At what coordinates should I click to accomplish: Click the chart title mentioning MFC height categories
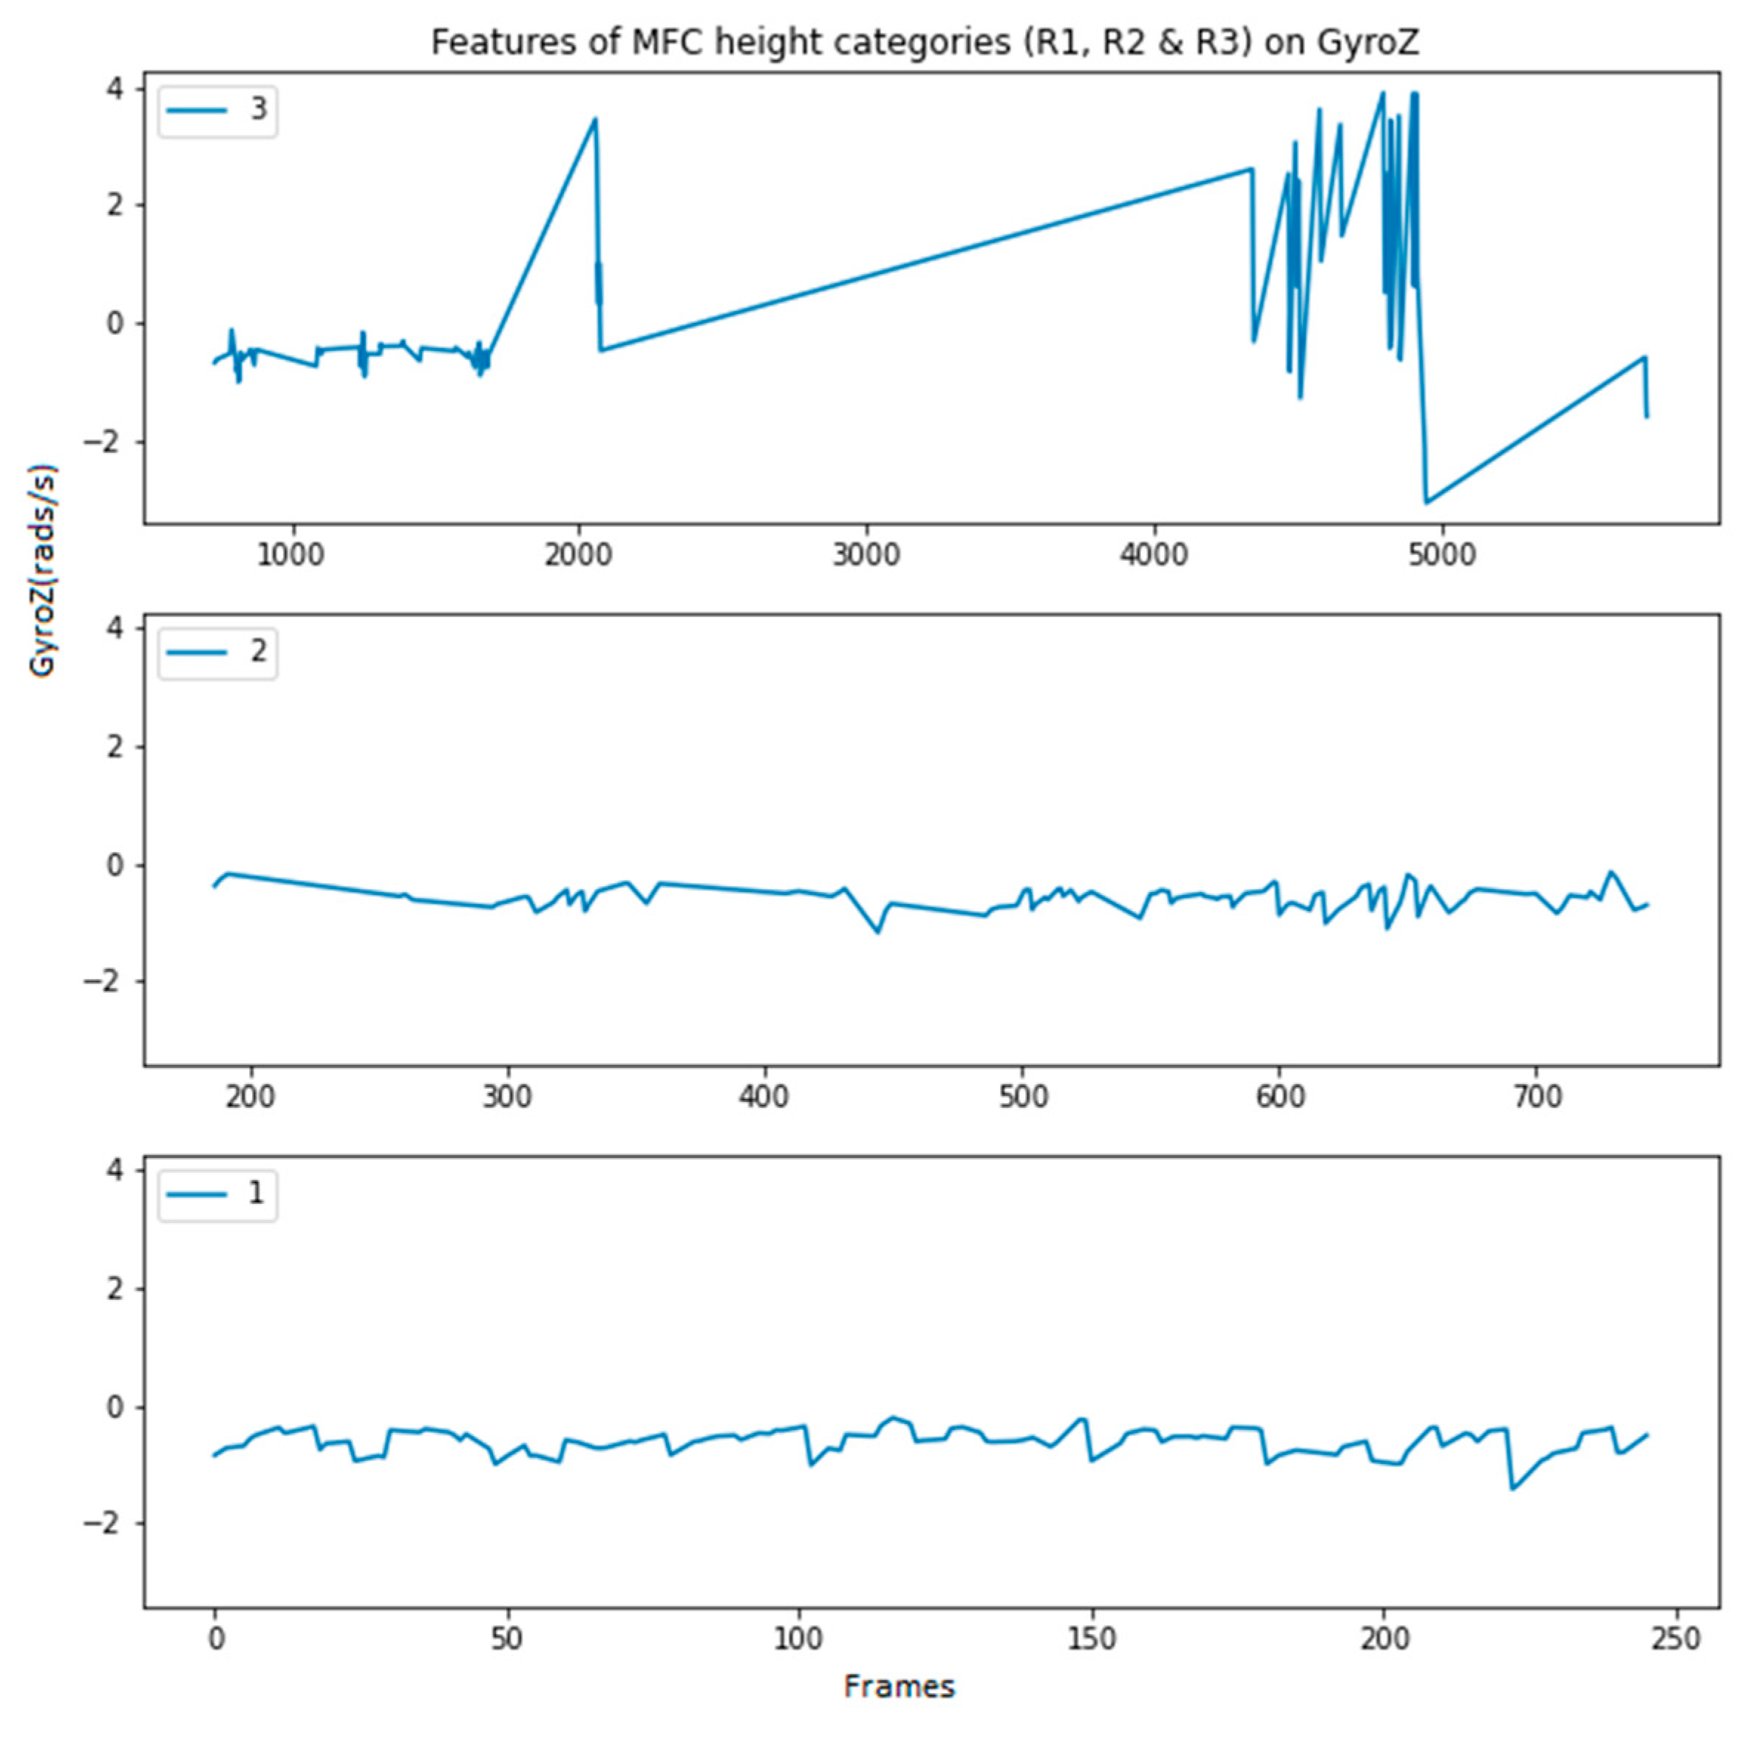click(x=925, y=43)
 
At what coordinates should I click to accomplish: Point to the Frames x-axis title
click(x=898, y=1687)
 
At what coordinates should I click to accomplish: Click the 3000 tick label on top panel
click(x=865, y=554)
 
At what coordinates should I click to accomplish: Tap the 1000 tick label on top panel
click(x=290, y=554)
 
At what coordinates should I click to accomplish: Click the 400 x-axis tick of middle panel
click(x=764, y=1096)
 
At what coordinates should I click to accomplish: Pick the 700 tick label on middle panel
click(x=1537, y=1096)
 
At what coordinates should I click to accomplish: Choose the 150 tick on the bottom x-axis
click(x=1091, y=1638)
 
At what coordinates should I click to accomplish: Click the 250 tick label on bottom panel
click(x=1676, y=1638)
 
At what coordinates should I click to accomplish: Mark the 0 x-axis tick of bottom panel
click(x=215, y=1638)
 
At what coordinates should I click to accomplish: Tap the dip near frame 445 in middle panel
click(x=878, y=932)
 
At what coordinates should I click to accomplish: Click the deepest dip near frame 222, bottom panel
click(x=1512, y=1490)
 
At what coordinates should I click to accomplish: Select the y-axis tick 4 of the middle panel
click(x=115, y=628)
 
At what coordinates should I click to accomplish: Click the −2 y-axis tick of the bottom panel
click(x=102, y=1524)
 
